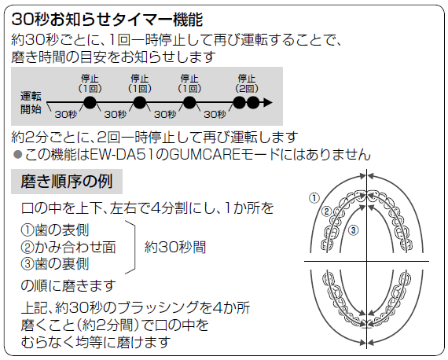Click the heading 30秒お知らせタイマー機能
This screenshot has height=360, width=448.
pyautogui.click(x=107, y=20)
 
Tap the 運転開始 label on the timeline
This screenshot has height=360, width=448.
pyautogui.click(x=31, y=103)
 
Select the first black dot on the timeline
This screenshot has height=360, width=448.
pyautogui.click(x=90, y=102)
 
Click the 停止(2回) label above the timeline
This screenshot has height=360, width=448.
pyautogui.click(x=247, y=83)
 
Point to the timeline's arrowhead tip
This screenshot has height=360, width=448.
pyautogui.click(x=272, y=102)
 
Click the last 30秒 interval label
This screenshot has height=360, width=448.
pyautogui.click(x=215, y=114)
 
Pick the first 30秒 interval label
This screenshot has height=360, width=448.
pyautogui.click(x=66, y=114)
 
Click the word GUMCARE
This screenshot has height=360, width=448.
pyautogui.click(x=206, y=155)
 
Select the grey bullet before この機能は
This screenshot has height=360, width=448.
pyautogui.click(x=18, y=155)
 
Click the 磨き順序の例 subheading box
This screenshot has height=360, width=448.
pyautogui.click(x=67, y=182)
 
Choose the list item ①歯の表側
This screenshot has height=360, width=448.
pyautogui.click(x=55, y=230)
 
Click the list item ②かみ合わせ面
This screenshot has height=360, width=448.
pyautogui.click(x=68, y=247)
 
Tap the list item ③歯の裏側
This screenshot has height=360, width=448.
pyautogui.click(x=55, y=264)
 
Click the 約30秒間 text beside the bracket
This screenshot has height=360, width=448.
pyautogui.click(x=175, y=247)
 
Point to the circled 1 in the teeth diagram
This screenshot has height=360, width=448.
pyautogui.click(x=314, y=198)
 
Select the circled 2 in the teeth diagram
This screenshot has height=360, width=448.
pyautogui.click(x=327, y=211)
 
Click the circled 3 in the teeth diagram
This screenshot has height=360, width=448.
pyautogui.click(x=353, y=230)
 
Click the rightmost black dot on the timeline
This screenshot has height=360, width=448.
pyautogui.click(x=253, y=102)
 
